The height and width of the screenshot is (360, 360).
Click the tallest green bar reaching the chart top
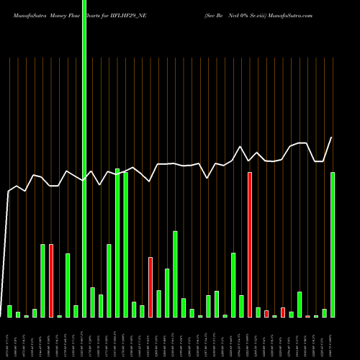click(x=84, y=158)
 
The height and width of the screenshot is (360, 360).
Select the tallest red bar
click(x=250, y=245)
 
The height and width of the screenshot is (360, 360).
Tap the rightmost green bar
click(x=333, y=245)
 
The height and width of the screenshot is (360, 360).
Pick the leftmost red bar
click(x=51, y=281)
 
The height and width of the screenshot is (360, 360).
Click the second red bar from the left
click(x=150, y=287)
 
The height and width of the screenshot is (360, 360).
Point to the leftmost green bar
click(x=9, y=311)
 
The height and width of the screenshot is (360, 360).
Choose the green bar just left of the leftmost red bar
click(x=42, y=281)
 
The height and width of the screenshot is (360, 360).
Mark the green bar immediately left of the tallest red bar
click(x=241, y=306)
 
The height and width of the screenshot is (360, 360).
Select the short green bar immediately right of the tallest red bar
click(x=258, y=312)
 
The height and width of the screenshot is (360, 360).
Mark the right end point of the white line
click(x=332, y=138)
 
